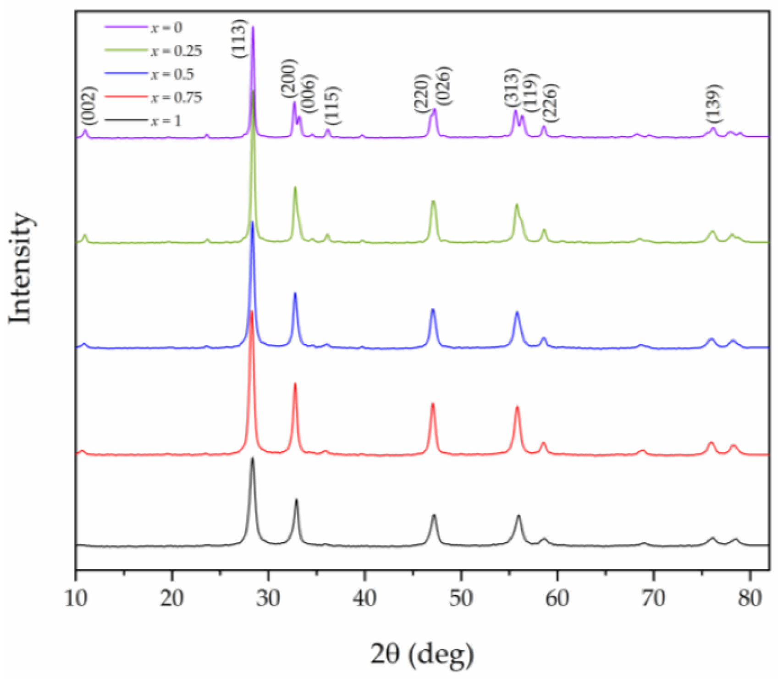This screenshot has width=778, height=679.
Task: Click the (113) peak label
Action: point(239,39)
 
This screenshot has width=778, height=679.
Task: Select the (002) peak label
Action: point(90,106)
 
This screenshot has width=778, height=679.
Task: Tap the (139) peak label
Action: point(714,104)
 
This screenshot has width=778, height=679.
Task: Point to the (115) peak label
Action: point(332,106)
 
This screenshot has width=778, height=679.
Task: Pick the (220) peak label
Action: point(421,94)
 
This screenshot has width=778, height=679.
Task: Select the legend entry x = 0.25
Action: point(176,50)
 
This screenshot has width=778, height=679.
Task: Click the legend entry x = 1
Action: point(166,121)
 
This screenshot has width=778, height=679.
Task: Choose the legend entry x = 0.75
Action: point(176,97)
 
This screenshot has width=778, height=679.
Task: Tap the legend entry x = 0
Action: point(166,28)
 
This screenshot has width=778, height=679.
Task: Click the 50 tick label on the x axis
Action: point(461,598)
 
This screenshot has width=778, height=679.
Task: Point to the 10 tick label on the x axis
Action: point(76,598)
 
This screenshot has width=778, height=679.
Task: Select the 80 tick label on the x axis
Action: point(750,598)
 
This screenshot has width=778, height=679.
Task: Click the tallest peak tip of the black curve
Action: point(252,458)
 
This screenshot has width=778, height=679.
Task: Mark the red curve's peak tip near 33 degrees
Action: point(295,383)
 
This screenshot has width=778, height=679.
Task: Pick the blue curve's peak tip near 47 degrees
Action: point(432,309)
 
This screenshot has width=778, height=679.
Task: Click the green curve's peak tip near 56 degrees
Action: point(516,204)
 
